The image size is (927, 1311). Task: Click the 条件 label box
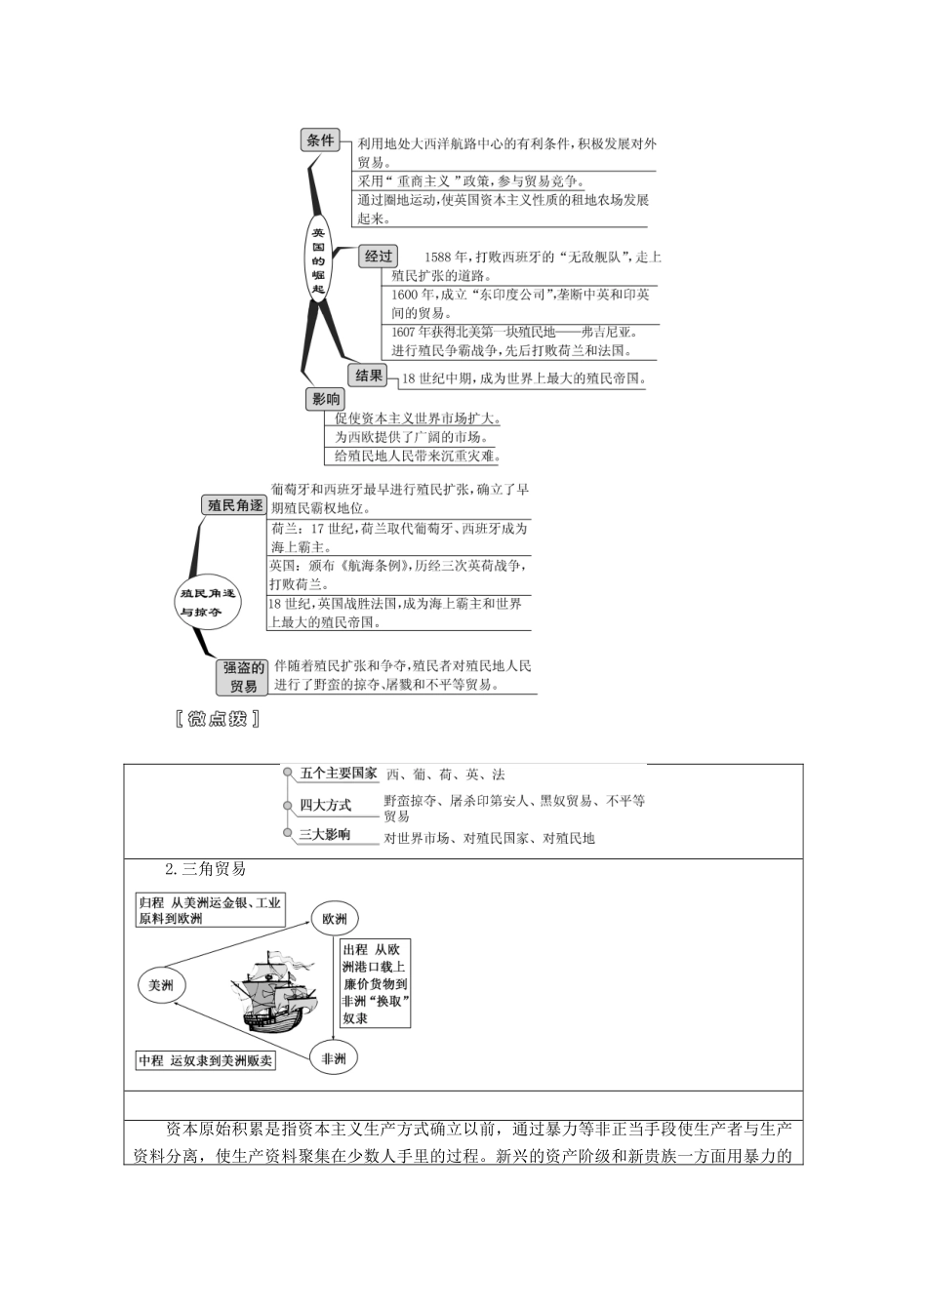[320, 140]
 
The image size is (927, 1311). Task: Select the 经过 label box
[378, 257]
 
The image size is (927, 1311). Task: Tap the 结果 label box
[368, 376]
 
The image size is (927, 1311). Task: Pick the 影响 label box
[326, 399]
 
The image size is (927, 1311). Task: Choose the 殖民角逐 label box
[234, 505]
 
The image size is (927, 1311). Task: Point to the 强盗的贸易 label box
[242, 677]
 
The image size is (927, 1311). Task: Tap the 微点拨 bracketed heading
[217, 720]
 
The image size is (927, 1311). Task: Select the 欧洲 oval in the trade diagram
[336, 918]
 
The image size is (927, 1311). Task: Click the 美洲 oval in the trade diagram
[161, 986]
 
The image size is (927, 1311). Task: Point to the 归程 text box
[210, 911]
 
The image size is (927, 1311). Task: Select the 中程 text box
[206, 1060]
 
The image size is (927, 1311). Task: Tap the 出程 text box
[375, 983]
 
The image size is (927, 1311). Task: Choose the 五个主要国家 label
[338, 774]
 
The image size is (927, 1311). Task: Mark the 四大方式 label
[325, 805]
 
